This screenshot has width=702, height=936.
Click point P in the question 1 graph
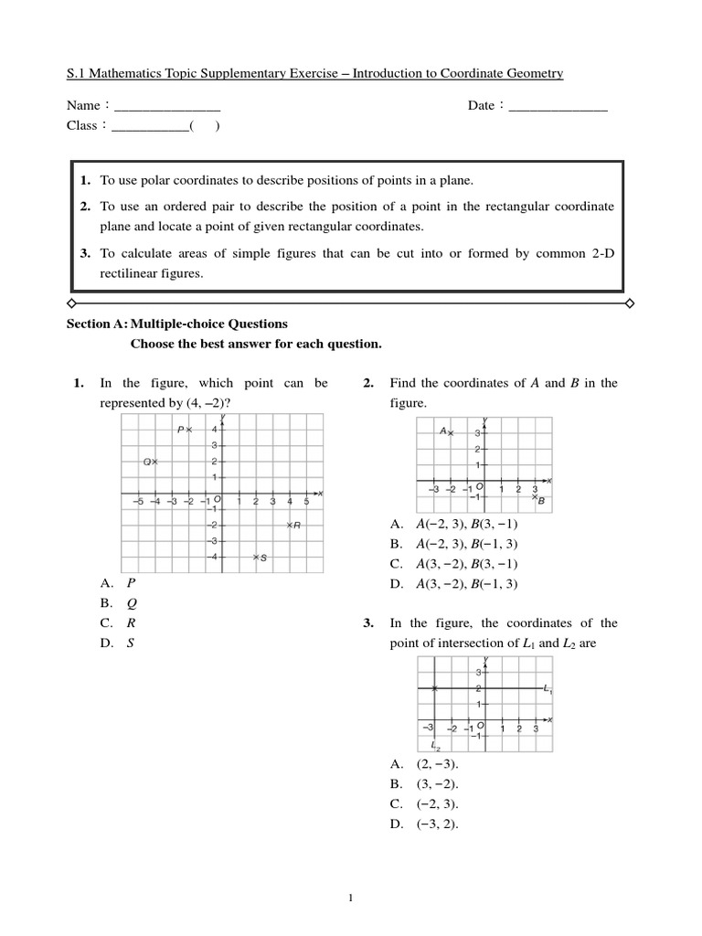coord(189,430)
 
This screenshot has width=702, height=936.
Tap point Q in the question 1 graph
coord(155,463)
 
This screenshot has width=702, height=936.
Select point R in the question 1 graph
coord(289,525)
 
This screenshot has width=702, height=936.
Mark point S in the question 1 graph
coord(256,557)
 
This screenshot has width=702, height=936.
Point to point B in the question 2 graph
coord(536,497)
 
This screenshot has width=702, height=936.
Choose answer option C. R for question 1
coord(119,622)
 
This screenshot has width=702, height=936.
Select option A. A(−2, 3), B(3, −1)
coord(454,524)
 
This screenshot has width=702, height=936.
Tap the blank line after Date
coord(557,106)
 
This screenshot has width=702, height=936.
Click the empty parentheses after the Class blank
coord(204,126)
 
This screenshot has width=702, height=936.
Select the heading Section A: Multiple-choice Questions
coord(178,324)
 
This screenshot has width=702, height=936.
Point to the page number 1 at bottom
coord(351,899)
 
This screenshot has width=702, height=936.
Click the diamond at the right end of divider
coord(629,302)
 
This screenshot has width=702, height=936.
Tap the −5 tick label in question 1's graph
coord(137,501)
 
